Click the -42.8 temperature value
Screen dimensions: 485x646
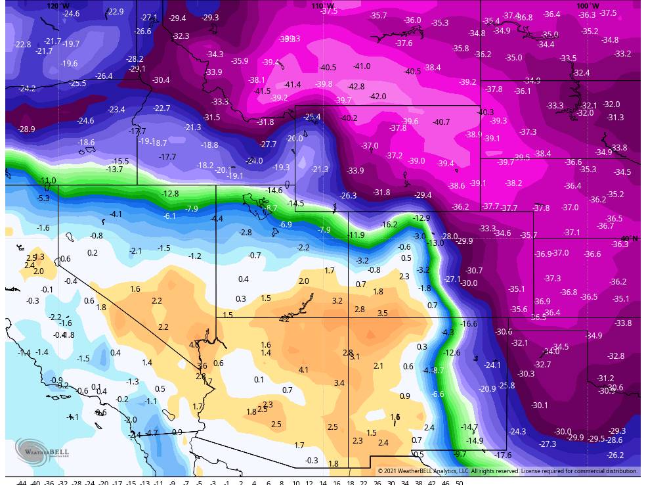[x=356, y=86]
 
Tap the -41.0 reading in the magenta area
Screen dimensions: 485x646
[x=362, y=66]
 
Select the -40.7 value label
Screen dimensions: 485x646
[x=441, y=122]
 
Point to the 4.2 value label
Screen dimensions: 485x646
[x=284, y=319]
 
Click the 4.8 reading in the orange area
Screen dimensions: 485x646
[x=194, y=344]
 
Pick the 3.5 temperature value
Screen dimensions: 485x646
[x=382, y=313]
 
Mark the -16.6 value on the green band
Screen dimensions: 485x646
[x=469, y=323]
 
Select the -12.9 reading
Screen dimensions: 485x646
[x=421, y=218]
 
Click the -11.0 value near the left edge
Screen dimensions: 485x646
[x=48, y=180]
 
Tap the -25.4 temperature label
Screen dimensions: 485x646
[x=312, y=117]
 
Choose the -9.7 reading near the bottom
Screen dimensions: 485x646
[x=460, y=453]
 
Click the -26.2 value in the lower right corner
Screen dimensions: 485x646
[x=615, y=455]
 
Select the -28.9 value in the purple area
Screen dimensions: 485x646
[x=26, y=129]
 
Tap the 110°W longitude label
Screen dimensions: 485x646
[x=319, y=5]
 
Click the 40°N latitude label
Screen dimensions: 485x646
[x=630, y=239]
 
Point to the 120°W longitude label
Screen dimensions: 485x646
[x=58, y=5]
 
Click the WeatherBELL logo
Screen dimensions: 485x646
[x=40, y=451]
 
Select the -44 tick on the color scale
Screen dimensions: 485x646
[x=22, y=482]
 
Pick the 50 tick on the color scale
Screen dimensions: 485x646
[x=459, y=482]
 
